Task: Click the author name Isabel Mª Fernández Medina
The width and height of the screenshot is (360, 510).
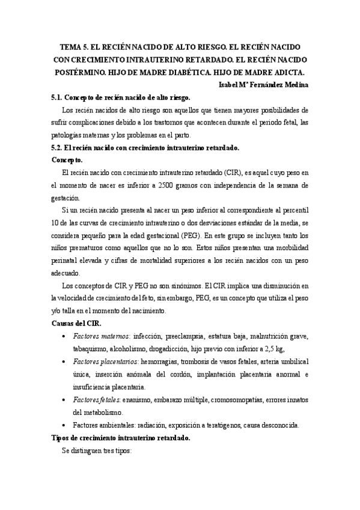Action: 265,85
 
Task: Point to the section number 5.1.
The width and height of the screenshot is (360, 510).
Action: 57,97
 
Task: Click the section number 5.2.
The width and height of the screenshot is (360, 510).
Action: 57,148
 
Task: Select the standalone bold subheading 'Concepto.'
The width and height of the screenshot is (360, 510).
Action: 67,161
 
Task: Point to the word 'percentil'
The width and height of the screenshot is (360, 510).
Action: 295,210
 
